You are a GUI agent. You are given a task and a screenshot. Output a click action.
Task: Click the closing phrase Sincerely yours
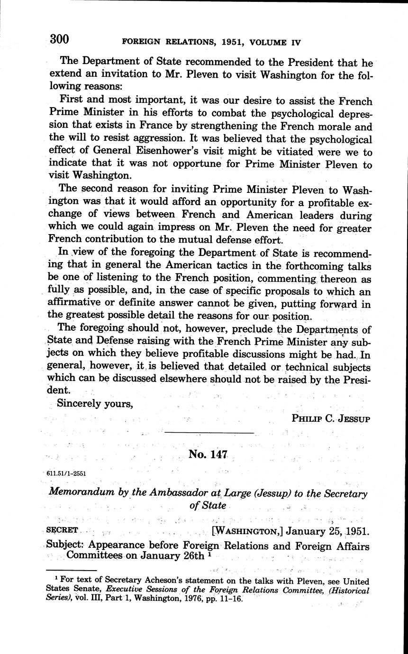click(x=94, y=403)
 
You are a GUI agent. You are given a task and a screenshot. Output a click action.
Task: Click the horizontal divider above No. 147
click(x=209, y=433)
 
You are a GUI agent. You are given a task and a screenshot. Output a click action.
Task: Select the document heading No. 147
click(x=209, y=454)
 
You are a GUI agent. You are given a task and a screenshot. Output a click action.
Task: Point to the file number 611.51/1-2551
click(x=67, y=473)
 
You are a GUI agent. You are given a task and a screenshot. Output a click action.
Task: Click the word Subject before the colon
click(x=64, y=545)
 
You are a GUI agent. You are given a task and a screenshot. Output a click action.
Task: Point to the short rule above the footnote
click(x=73, y=571)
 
